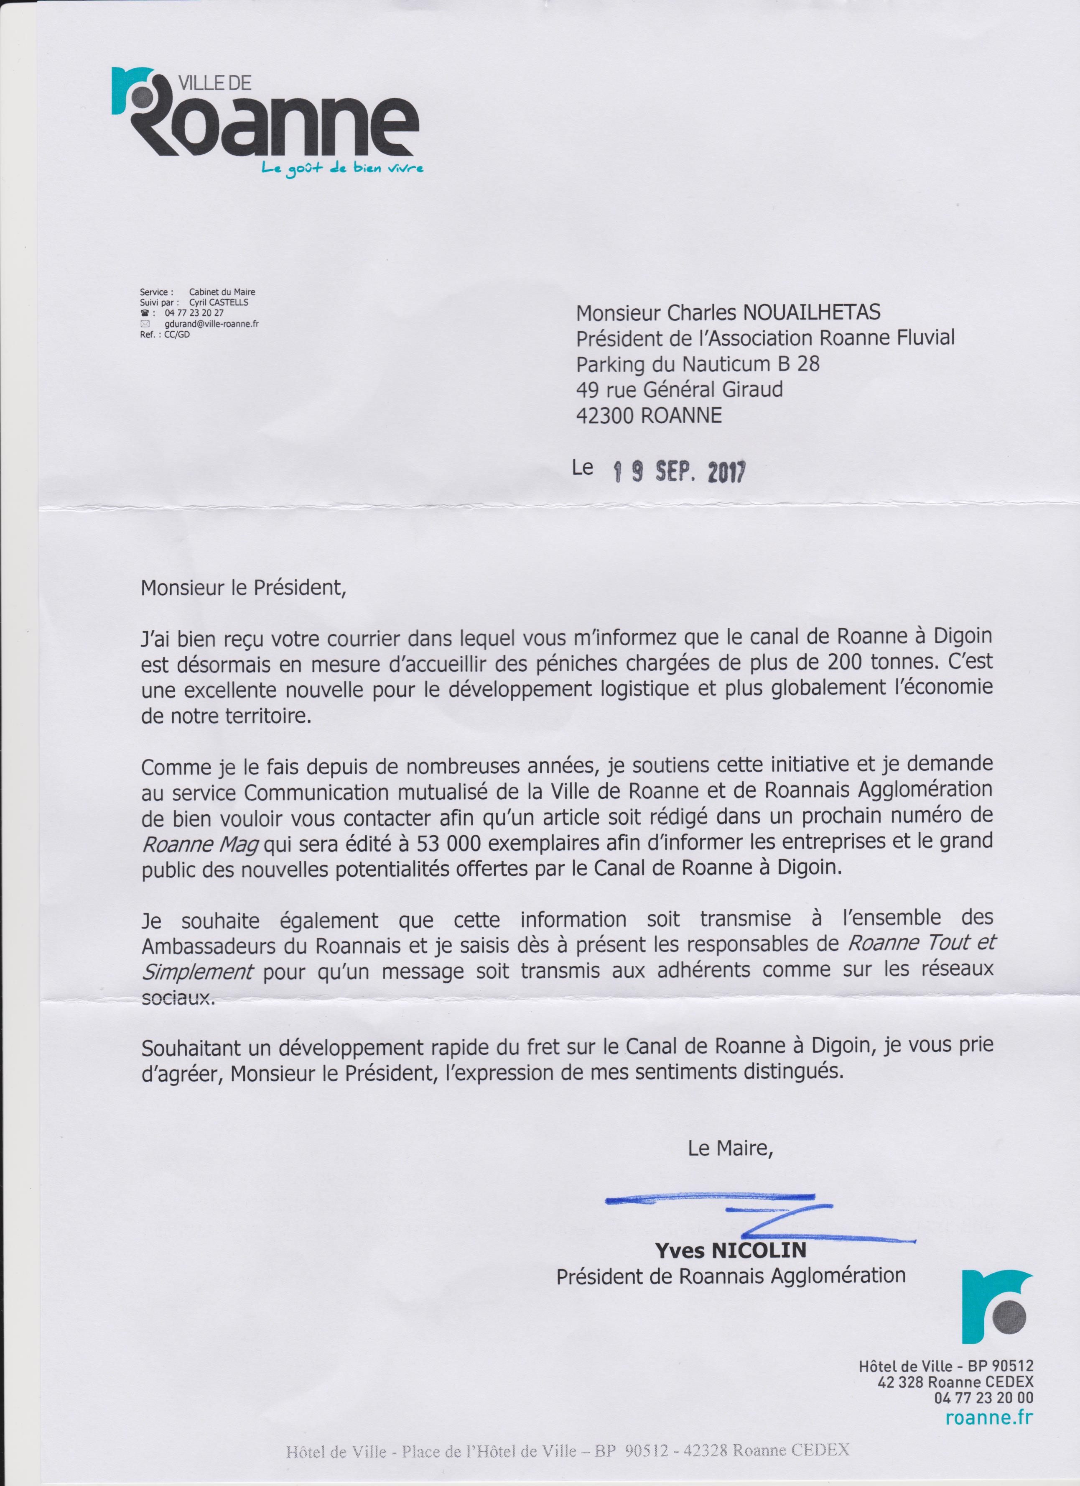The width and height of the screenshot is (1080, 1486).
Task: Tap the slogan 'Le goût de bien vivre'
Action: (342, 169)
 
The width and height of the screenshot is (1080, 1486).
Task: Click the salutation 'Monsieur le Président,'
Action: (243, 588)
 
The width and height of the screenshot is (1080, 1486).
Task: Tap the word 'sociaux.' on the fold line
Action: (178, 997)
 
